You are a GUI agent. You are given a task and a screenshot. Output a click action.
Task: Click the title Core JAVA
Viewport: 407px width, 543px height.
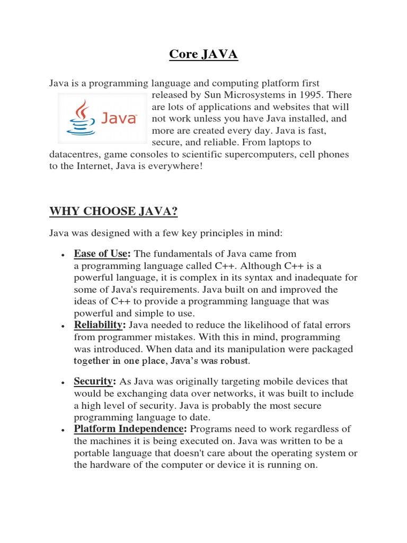tap(203, 55)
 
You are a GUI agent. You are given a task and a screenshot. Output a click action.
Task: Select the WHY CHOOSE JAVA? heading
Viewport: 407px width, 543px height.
tap(113, 212)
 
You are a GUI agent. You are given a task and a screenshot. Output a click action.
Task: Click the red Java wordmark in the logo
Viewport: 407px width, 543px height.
tap(119, 117)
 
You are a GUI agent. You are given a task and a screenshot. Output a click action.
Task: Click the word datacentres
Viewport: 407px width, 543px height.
tap(75, 154)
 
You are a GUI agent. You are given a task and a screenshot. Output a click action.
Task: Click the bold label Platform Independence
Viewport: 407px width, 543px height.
tap(130, 429)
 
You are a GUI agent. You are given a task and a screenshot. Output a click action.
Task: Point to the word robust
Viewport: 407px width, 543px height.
tap(235, 361)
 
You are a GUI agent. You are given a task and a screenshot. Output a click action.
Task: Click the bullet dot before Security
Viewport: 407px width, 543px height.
tap(63, 383)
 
